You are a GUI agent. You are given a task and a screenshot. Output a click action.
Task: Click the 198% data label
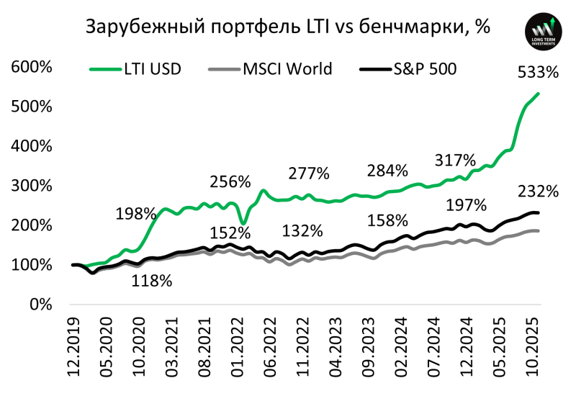[x=136, y=214]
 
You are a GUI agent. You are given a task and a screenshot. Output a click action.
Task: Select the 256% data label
[x=230, y=181]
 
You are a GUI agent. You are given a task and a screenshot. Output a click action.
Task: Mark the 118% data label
[x=151, y=282]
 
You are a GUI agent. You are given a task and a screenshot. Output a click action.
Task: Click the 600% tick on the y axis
[x=31, y=68]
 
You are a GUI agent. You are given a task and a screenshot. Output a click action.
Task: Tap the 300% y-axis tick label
[x=31, y=186]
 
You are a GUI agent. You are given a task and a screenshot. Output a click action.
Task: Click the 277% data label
[x=309, y=174]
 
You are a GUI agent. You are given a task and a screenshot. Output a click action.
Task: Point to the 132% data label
[x=302, y=232]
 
